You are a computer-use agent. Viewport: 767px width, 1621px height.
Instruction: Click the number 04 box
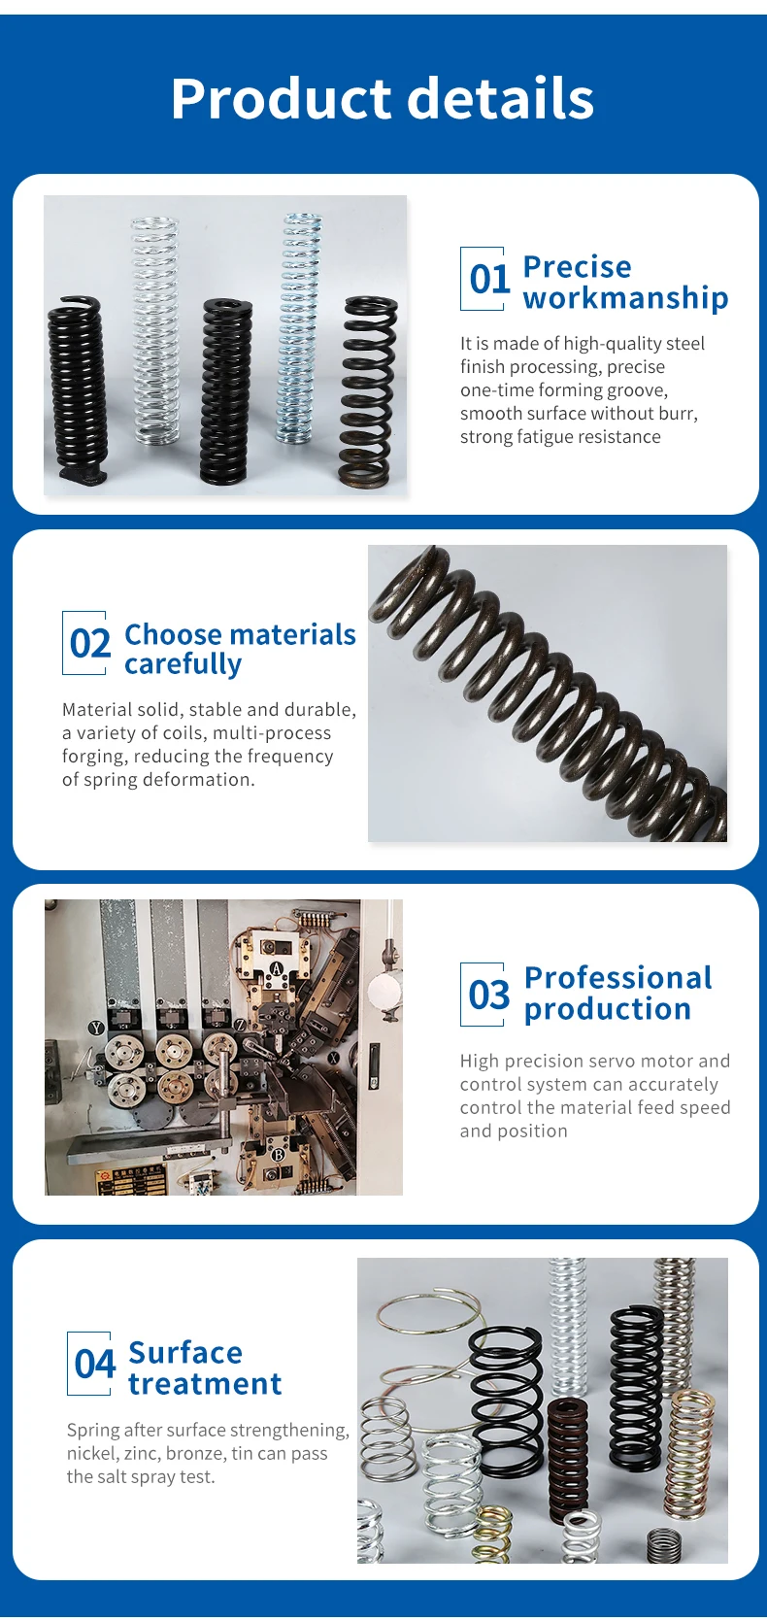90,1364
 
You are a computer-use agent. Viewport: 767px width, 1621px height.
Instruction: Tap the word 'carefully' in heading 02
183,664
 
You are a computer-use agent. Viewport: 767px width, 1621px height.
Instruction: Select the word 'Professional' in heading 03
617,978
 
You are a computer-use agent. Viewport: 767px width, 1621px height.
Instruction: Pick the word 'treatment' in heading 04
205,1384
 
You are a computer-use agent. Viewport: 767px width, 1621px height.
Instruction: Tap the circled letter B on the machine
278,1155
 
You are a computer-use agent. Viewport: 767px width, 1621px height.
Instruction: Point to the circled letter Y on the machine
96,1028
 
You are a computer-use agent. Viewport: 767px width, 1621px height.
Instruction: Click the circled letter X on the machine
334,1058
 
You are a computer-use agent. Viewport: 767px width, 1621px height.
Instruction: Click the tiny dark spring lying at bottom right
664,1545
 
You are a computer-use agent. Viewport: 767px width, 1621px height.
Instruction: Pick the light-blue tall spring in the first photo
299,328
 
